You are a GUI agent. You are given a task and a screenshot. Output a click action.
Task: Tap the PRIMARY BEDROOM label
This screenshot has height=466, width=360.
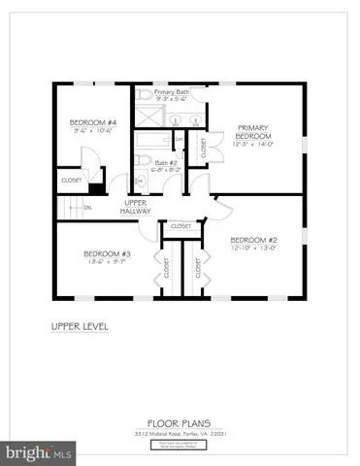point(253,133)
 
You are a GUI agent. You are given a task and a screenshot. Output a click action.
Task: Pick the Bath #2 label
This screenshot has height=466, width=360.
point(166,162)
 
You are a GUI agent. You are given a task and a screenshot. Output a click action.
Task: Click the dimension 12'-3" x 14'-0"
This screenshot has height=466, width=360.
point(254,145)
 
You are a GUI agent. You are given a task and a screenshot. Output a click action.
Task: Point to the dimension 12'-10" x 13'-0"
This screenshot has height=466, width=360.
point(254,247)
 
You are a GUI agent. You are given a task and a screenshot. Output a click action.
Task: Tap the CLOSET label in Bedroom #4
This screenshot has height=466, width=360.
point(72,181)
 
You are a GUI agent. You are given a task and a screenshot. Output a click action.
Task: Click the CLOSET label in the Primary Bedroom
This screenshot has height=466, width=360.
point(203,148)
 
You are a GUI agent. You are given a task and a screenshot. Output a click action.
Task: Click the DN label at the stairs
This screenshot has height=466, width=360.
point(86,207)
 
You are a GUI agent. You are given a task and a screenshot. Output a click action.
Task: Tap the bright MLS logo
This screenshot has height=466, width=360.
point(39,452)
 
